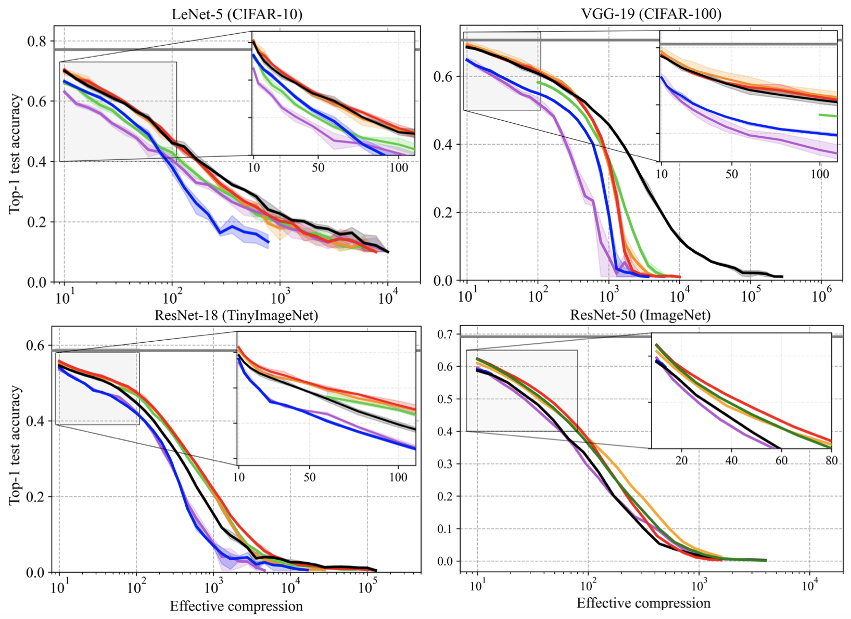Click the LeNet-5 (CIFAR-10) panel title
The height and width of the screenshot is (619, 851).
click(x=237, y=14)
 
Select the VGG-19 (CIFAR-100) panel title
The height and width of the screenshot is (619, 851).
click(x=651, y=14)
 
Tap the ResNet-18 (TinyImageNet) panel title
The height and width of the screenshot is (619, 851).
click(x=236, y=315)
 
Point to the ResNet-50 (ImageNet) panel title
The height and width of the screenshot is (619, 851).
click(x=640, y=315)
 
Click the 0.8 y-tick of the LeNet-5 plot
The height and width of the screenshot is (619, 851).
click(x=36, y=41)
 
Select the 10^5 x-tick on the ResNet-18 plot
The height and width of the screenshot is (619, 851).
click(x=367, y=588)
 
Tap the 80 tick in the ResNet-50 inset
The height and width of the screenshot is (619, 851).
click(x=831, y=460)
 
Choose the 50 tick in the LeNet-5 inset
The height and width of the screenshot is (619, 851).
click(x=318, y=167)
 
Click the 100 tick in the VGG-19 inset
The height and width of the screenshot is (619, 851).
click(x=820, y=174)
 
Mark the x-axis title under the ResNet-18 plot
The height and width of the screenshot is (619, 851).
click(x=236, y=606)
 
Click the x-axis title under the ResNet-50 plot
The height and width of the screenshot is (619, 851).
click(x=643, y=603)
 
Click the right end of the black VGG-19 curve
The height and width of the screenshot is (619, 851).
click(x=782, y=276)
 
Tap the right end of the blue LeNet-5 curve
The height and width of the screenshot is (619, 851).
click(x=269, y=242)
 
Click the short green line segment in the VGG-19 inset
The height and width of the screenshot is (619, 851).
click(x=828, y=115)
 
